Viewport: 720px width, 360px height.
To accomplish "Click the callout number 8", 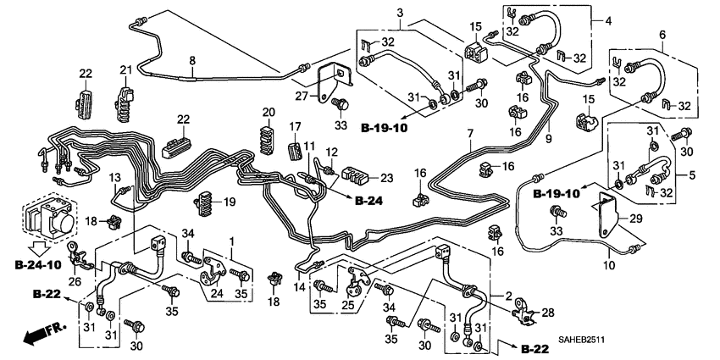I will (x=192, y=60).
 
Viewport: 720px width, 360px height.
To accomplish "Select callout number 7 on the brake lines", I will (x=470, y=134).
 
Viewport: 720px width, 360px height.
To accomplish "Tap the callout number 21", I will (x=125, y=70).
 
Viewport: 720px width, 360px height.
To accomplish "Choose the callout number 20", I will (x=269, y=113).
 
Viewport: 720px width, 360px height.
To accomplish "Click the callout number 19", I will (x=229, y=202).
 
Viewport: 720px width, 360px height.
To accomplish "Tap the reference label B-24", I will (x=370, y=202).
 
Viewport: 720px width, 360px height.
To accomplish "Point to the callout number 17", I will (x=296, y=127).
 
